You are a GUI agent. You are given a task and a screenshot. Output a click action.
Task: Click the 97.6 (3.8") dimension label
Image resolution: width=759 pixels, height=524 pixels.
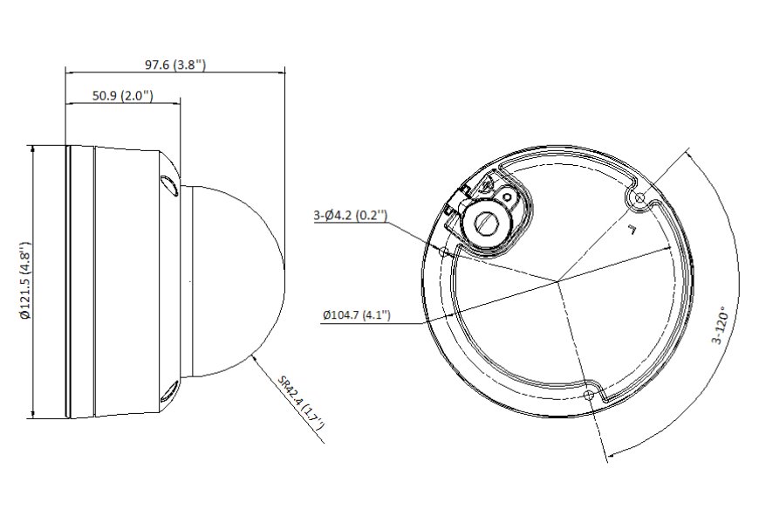point(174,65)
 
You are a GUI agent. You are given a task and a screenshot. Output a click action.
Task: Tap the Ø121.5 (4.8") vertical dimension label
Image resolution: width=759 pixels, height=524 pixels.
point(26,282)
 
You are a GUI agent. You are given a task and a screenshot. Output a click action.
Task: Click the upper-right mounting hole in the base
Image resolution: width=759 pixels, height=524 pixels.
point(641,199)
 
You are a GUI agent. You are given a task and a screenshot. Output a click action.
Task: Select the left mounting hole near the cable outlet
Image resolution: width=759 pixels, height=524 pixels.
point(444,251)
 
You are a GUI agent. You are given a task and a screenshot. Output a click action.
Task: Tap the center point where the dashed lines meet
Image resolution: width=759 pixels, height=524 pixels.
point(557,282)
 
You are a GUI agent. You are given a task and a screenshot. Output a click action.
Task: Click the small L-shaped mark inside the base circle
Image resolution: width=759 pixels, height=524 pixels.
point(630,230)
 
